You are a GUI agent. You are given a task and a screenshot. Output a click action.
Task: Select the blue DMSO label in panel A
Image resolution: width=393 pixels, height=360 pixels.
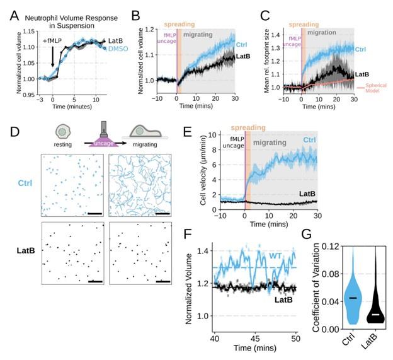pos(113,49)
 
